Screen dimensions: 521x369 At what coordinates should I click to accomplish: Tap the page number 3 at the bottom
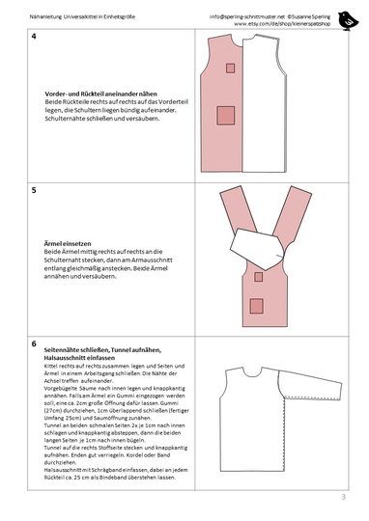point(342,497)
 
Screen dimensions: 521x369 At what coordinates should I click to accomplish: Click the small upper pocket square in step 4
point(231,69)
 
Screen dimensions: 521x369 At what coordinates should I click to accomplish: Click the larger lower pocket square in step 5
point(257,307)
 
